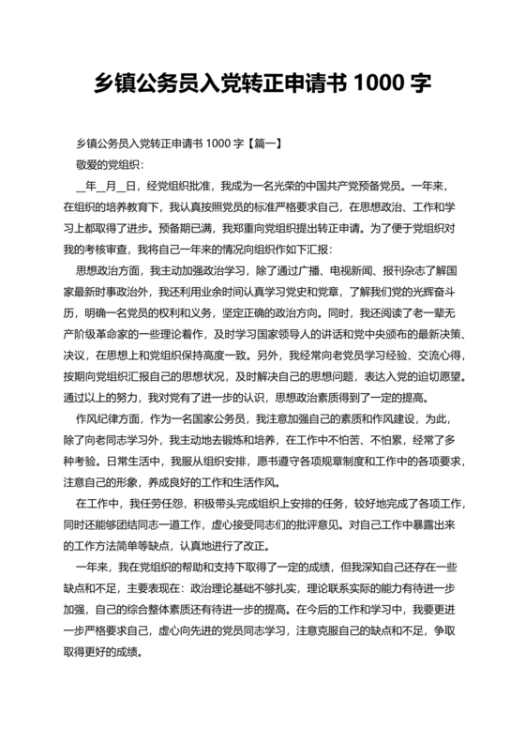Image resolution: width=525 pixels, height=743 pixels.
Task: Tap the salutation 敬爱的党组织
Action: [111, 163]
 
